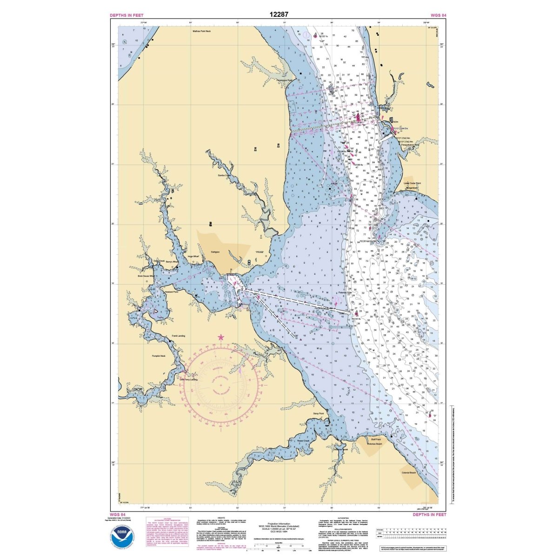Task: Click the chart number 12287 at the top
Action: (x=279, y=14)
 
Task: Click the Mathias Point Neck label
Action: (x=201, y=31)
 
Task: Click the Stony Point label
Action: (x=318, y=413)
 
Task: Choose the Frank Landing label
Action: (x=179, y=336)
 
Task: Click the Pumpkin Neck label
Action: (x=159, y=356)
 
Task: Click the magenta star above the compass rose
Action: (x=221, y=337)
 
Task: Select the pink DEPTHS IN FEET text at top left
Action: (x=126, y=15)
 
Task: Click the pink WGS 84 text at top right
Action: (x=439, y=15)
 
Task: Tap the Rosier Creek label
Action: (x=303, y=441)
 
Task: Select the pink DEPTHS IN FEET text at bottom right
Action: (x=429, y=515)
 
